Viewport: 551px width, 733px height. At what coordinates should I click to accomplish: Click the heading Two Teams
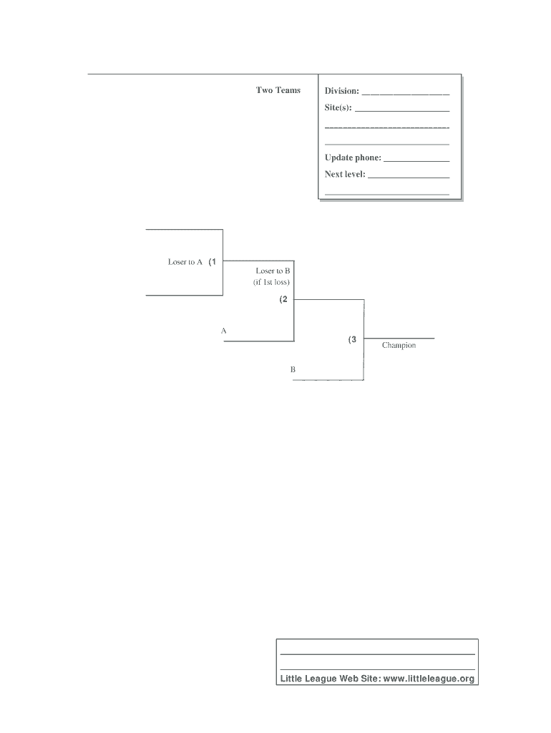coord(278,90)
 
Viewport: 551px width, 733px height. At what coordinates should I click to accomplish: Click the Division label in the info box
coord(342,91)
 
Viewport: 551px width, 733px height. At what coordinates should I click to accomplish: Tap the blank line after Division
coord(406,94)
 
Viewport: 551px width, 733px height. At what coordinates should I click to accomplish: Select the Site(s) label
coord(338,107)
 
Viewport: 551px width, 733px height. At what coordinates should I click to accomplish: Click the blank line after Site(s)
coord(402,111)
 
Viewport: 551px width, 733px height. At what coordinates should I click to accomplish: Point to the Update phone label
coord(353,157)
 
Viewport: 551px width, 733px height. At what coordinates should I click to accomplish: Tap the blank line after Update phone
coord(416,160)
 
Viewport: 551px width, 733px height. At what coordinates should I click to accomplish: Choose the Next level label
coord(345,174)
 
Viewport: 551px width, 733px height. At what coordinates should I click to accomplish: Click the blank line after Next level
coord(409,177)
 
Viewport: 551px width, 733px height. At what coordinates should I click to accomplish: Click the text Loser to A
coord(185,262)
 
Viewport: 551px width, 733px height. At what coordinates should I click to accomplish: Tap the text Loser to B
coord(273,271)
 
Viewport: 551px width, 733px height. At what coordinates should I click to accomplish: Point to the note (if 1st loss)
coord(271,282)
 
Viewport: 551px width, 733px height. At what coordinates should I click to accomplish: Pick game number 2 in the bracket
coord(284,300)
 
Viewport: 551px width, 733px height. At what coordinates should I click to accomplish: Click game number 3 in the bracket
coord(353,340)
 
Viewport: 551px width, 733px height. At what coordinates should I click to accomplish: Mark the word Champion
coord(399,346)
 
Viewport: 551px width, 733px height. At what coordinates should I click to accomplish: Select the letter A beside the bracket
coord(224,331)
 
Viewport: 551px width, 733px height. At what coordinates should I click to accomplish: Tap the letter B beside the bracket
coord(293,370)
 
